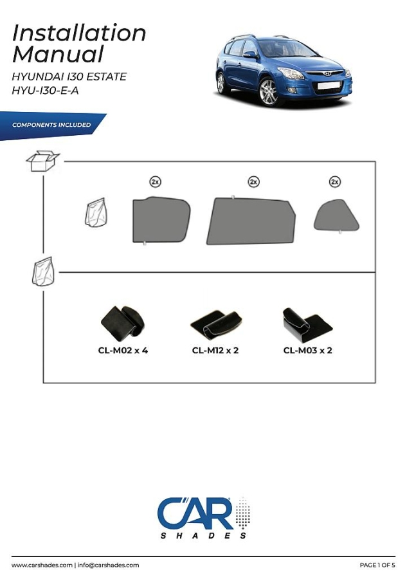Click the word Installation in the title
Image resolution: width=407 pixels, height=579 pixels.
pyautogui.click(x=79, y=33)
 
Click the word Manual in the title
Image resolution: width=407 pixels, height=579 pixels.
pyautogui.click(x=58, y=54)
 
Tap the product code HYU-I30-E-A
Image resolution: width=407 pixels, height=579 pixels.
pyautogui.click(x=45, y=91)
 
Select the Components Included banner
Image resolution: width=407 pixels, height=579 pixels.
pyautogui.click(x=51, y=125)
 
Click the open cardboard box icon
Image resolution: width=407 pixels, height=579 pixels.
pyautogui.click(x=43, y=161)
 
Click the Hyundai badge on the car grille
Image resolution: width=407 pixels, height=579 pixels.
pyautogui.click(x=328, y=73)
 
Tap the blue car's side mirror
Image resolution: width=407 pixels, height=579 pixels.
pyautogui.click(x=250, y=55)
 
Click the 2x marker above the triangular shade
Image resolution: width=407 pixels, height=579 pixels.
pyautogui.click(x=335, y=181)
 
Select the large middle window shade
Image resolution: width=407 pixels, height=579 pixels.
pyautogui.click(x=251, y=221)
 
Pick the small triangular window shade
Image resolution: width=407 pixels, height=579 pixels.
pyautogui.click(x=336, y=216)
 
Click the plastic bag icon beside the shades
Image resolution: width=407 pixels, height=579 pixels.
pyautogui.click(x=96, y=212)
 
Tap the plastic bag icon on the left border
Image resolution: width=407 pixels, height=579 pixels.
pyautogui.click(x=44, y=271)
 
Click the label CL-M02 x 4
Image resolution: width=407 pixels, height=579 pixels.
pyautogui.click(x=123, y=351)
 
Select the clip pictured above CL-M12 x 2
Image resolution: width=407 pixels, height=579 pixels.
pyautogui.click(x=216, y=324)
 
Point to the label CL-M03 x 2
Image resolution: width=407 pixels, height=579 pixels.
pyautogui.click(x=308, y=351)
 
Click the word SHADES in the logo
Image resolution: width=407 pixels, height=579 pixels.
pyautogui.click(x=203, y=536)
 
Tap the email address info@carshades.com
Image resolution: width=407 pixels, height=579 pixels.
pyautogui.click(x=108, y=565)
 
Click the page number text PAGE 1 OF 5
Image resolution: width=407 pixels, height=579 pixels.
pyautogui.click(x=377, y=565)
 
